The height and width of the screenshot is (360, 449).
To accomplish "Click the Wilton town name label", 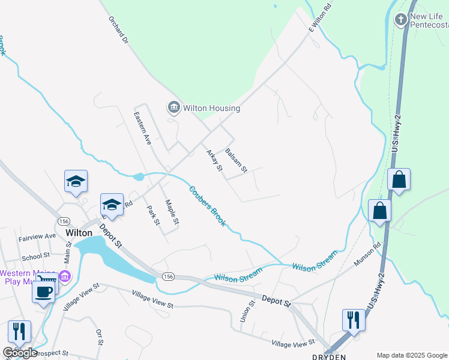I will (x=79, y=233).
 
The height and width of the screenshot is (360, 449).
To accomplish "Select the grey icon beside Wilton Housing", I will (x=174, y=108).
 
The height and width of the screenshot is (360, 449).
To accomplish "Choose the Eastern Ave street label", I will (x=143, y=128).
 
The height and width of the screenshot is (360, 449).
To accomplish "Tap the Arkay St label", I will (x=214, y=160).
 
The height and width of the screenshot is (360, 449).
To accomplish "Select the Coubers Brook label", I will (x=208, y=206).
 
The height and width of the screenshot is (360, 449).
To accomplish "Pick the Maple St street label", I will (x=172, y=212).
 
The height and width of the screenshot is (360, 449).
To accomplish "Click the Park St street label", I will (x=154, y=215).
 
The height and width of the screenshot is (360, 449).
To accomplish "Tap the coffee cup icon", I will (x=44, y=292).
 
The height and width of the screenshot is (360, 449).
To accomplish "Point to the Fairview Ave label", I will (x=37, y=236).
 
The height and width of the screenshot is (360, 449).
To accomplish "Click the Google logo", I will (x=20, y=353).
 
